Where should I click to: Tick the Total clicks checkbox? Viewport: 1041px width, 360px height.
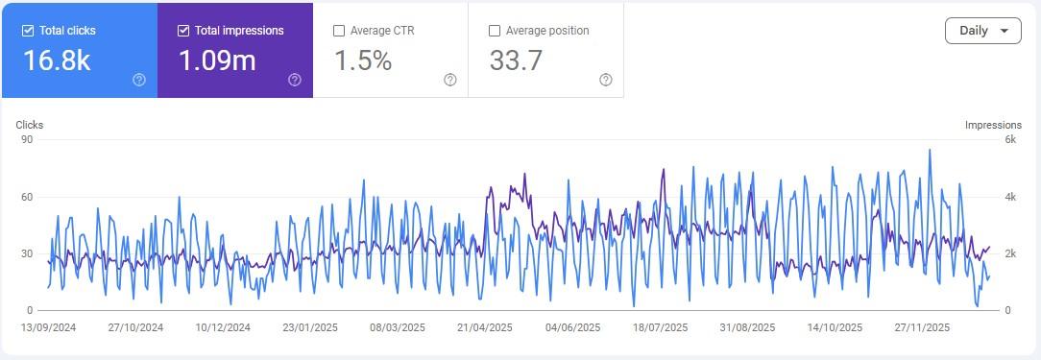coord(28,31)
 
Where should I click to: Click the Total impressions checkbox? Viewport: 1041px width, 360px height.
coord(183,31)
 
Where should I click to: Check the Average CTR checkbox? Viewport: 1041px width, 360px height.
coord(339,31)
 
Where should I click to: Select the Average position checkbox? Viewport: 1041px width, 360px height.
coord(495,31)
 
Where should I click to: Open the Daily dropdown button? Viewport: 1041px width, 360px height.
coord(982,31)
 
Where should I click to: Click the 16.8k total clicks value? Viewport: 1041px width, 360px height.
coord(57,60)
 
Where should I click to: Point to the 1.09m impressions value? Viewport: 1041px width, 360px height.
coord(217,60)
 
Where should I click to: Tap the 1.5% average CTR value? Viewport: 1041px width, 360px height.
coord(363,60)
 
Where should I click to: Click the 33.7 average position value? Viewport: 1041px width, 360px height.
coord(517,60)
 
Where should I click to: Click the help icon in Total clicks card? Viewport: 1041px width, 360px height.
coord(139,80)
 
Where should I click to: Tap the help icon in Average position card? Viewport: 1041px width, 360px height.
coord(606,80)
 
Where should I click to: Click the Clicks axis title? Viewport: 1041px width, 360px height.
coord(30,125)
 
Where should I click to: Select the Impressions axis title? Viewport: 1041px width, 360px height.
coord(993,125)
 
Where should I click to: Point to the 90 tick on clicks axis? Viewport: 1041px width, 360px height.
coord(27,139)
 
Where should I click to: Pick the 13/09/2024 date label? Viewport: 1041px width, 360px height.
coord(49,327)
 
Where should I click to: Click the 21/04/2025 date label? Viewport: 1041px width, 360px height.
coord(485,327)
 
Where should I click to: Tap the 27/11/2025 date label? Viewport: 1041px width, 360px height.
coord(922,327)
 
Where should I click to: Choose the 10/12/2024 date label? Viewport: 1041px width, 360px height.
coord(223,327)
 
